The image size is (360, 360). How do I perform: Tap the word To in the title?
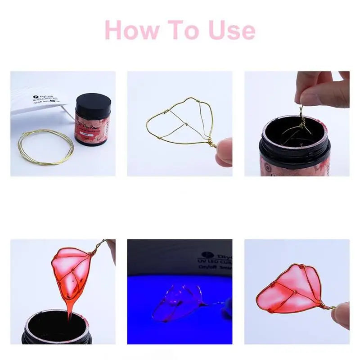point(184,30)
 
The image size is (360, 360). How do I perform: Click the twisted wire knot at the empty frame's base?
point(209,143)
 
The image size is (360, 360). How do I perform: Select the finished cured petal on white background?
point(290,288)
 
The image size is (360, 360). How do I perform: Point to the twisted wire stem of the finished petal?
point(327,306)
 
